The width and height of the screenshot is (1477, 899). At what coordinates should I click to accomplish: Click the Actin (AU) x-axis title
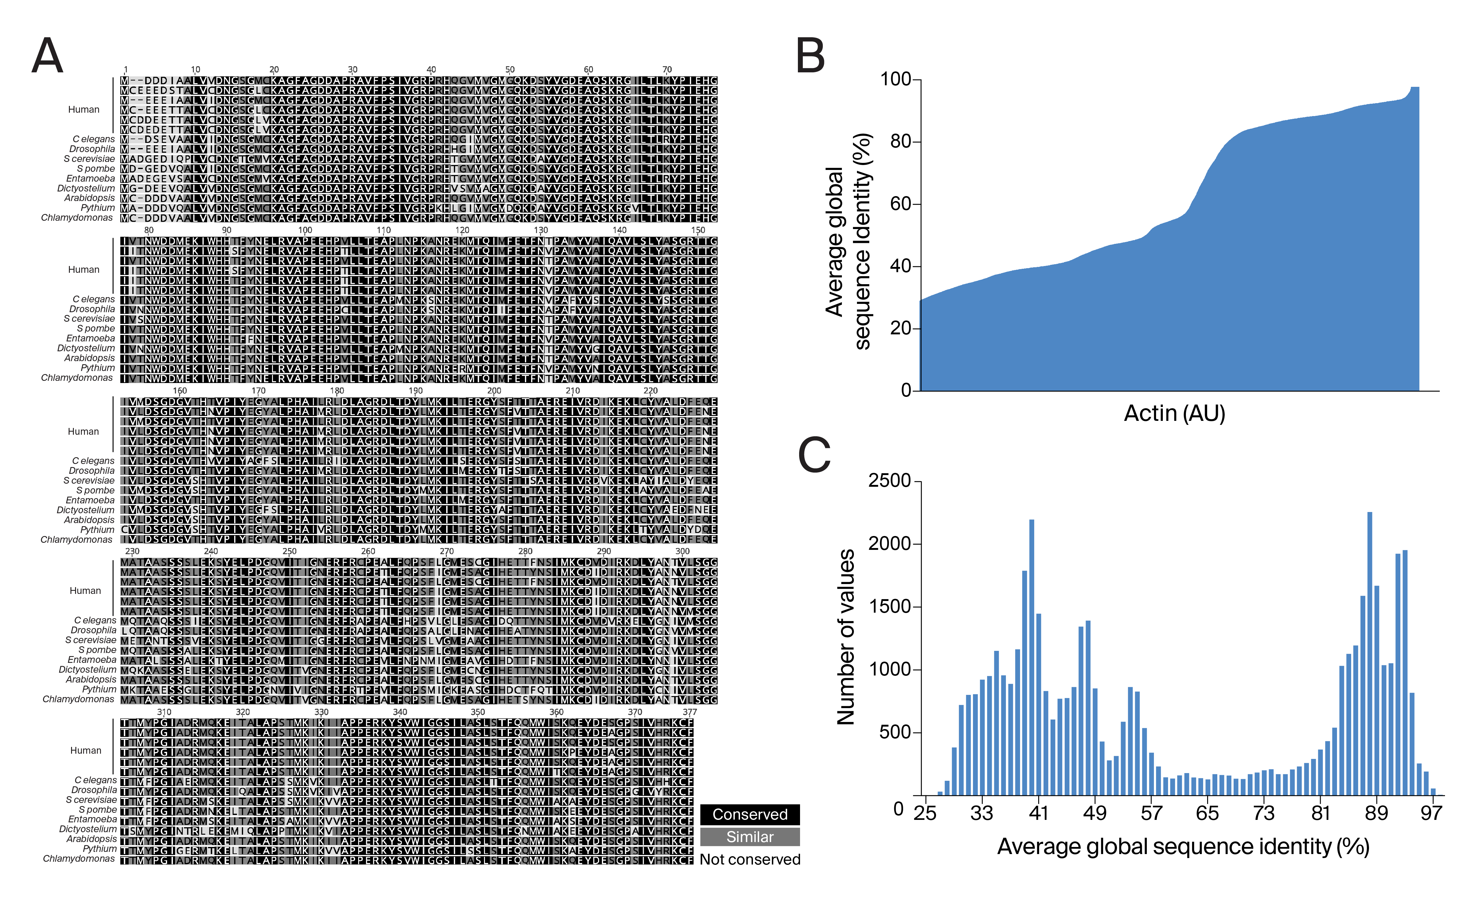tap(1174, 413)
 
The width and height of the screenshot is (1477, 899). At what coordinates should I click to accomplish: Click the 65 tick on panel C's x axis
tap(1207, 813)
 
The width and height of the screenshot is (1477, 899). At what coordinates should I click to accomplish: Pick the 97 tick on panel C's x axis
tap(1431, 813)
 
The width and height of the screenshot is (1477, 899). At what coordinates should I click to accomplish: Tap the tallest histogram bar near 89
tap(1370, 654)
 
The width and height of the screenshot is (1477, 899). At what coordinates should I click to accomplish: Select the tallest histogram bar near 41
tap(1032, 657)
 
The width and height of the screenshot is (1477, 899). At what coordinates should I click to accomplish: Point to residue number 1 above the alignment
tap(125, 70)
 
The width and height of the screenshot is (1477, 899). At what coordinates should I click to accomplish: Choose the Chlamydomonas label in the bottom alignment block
tap(78, 859)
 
